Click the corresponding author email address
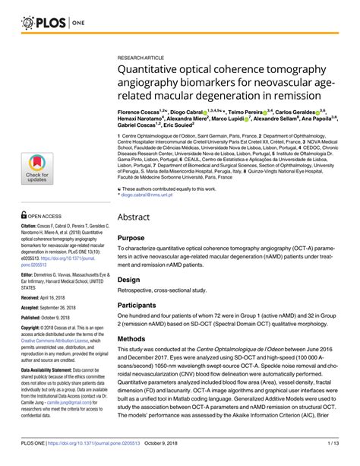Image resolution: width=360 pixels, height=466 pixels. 150,195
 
